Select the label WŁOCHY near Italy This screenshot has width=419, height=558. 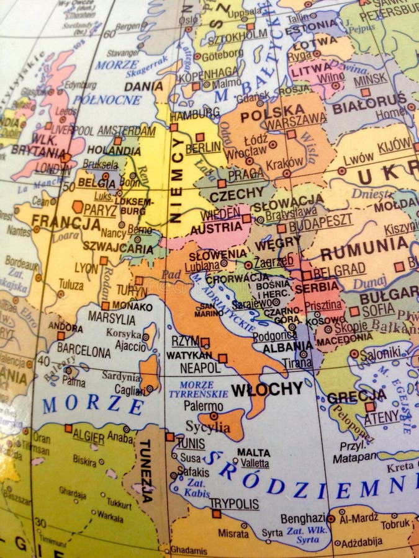point(267,389)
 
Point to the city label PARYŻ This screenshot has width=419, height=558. point(100,210)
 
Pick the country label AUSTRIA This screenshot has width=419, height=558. point(216,228)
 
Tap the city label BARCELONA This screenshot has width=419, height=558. point(84,350)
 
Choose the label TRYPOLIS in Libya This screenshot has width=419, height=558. point(233,503)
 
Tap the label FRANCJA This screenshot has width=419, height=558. point(66,221)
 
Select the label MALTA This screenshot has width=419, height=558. point(253,452)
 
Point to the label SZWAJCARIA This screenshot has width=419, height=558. point(119,248)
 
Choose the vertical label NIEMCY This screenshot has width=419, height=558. point(178,180)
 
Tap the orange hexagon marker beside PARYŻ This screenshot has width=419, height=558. point(78,206)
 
